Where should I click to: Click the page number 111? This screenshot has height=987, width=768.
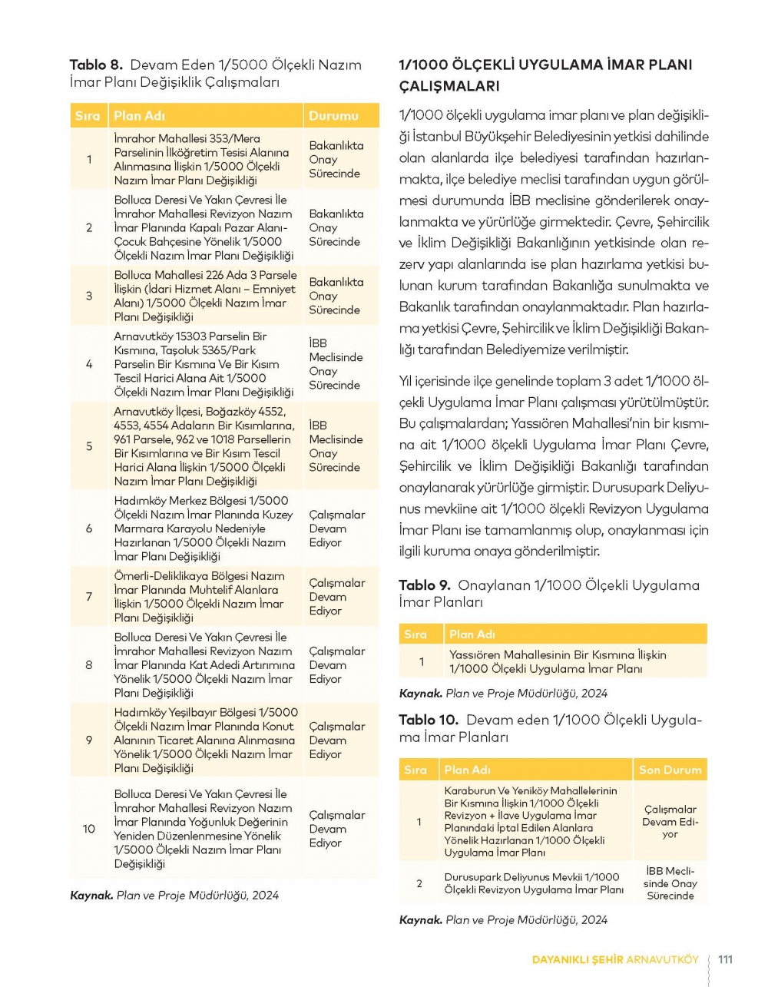pyautogui.click(x=725, y=959)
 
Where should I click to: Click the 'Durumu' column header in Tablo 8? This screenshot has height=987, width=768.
pyautogui.click(x=333, y=116)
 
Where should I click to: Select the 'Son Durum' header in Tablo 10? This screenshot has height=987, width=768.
pyautogui.click(x=670, y=770)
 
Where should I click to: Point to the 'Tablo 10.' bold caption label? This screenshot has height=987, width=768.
pyautogui.click(x=429, y=720)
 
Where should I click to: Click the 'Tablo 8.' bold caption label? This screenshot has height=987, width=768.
pyautogui.click(x=96, y=65)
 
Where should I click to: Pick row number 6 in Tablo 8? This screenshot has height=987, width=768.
pyautogui.click(x=89, y=528)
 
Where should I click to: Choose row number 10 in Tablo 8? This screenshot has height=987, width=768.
pyautogui.click(x=89, y=829)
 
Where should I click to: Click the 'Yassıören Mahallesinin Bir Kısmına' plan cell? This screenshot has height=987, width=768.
pyautogui.click(x=558, y=662)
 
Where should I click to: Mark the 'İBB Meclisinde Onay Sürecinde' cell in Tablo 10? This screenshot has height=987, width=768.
pyautogui.click(x=670, y=883)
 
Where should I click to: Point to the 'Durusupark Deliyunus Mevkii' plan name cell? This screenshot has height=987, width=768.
pyautogui.click(x=534, y=883)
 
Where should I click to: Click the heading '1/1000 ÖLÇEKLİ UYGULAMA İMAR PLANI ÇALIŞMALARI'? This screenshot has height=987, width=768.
pyautogui.click(x=545, y=75)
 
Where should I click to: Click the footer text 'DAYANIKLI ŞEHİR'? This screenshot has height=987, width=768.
pyautogui.click(x=578, y=959)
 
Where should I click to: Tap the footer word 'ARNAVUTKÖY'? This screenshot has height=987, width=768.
pyautogui.click(x=663, y=959)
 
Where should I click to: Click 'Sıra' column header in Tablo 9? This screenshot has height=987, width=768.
pyautogui.click(x=415, y=634)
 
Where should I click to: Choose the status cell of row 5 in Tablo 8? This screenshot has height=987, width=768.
pyautogui.click(x=336, y=445)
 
